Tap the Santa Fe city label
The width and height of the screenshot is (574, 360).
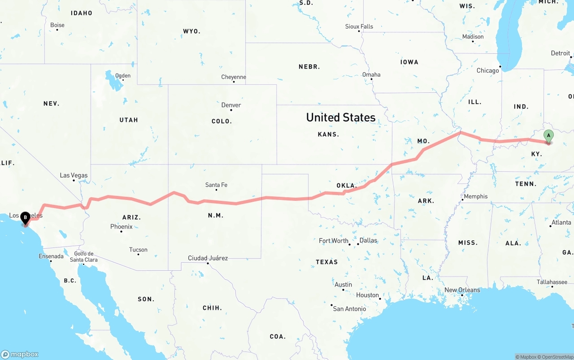coord(216,185)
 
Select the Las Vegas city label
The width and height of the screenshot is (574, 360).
coord(74,175)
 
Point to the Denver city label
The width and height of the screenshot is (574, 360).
coord(231,105)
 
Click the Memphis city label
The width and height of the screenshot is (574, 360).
coord(476,196)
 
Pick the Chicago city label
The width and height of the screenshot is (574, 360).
coord(487,70)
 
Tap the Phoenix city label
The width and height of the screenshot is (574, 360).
coord(122,227)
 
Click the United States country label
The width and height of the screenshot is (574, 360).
coord(341,117)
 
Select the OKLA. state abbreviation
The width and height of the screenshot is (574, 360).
coord(346,185)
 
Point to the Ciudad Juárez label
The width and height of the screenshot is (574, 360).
coord(208,258)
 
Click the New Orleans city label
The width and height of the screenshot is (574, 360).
coord(462,290)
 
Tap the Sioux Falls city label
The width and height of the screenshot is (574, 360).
coord(359,26)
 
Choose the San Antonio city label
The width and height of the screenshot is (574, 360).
coord(349,308)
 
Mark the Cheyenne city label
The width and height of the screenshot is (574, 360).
coord(234,77)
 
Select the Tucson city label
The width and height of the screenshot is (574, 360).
coord(138,250)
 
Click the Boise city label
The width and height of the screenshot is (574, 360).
coord(57,25)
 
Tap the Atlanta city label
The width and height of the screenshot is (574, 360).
coord(561,222)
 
